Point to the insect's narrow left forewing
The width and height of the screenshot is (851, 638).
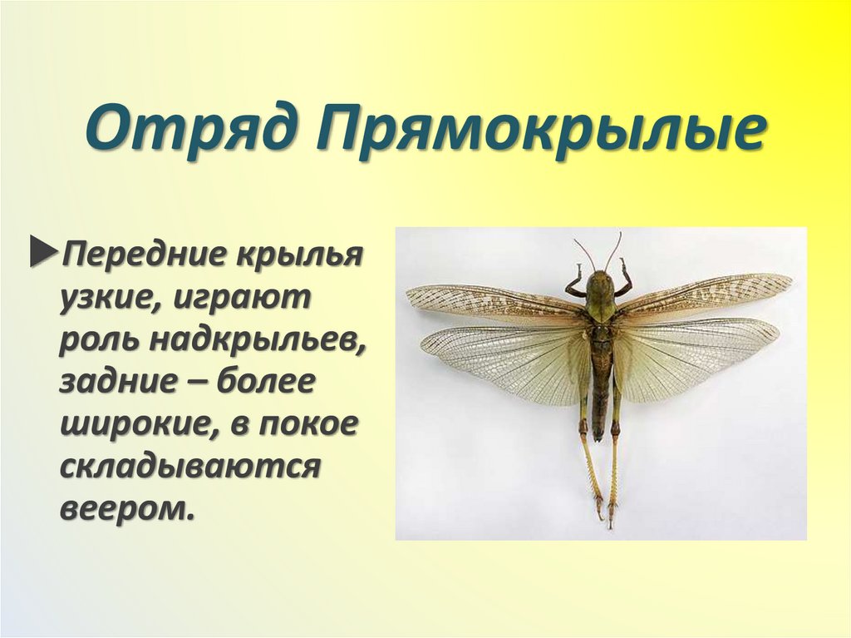[x=490, y=303]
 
